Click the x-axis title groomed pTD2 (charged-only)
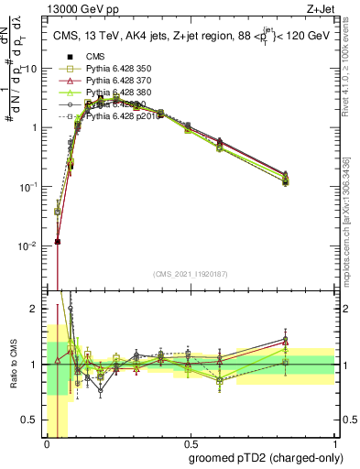261,457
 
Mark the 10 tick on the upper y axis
32,69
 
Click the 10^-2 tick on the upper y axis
28,245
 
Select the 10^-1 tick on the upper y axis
28,186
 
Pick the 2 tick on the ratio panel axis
36,309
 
